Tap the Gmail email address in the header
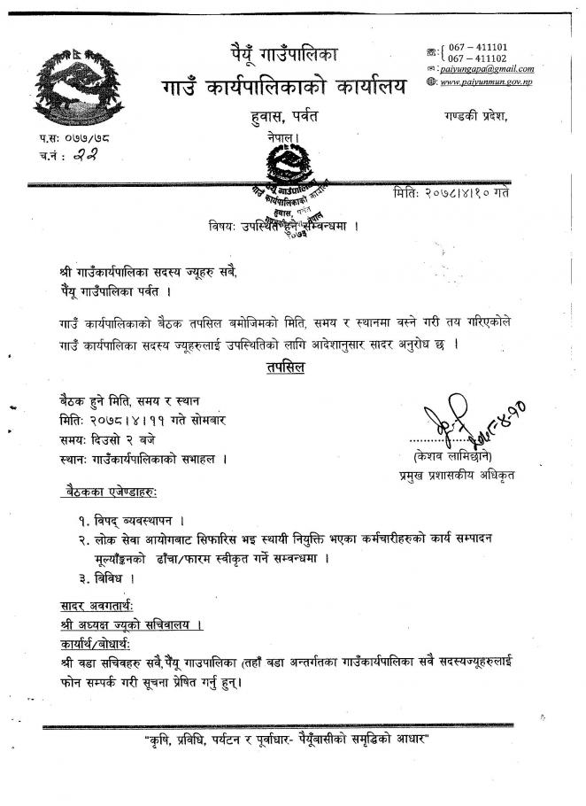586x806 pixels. pyautogui.click(x=482, y=69)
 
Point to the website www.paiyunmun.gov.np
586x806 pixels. pyautogui.click(x=487, y=81)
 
